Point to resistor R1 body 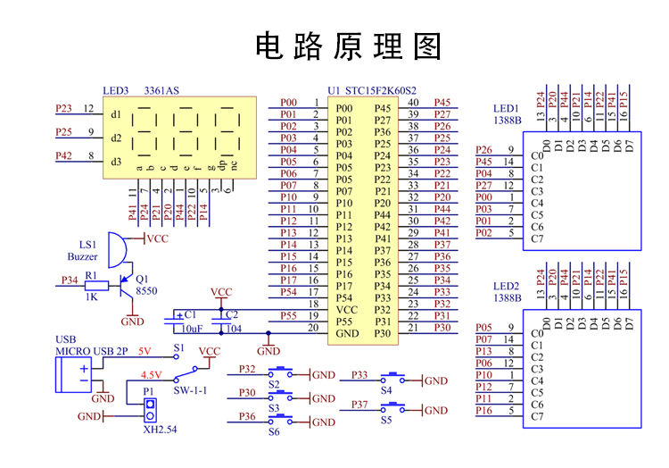pos(91,286)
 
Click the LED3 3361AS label pos(141,90)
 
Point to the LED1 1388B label pos(508,113)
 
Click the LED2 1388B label pos(508,291)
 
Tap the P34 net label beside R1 pos(69,280)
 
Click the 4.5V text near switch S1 pos(152,375)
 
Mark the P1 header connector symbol pos(150,409)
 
